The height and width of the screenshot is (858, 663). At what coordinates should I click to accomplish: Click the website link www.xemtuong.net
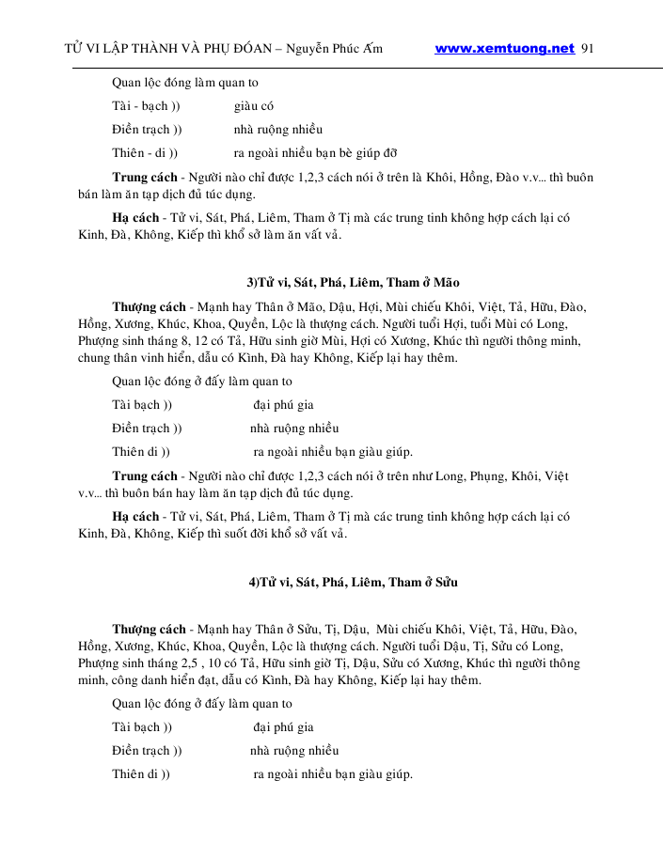504,49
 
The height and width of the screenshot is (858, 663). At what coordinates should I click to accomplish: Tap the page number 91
590,49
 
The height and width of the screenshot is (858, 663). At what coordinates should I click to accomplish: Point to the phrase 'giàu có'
254,106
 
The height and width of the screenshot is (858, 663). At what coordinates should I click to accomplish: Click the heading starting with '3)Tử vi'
353,282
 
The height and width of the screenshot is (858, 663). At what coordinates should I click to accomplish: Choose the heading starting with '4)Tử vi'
353,583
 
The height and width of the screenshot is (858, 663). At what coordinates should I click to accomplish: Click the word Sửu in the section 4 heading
445,583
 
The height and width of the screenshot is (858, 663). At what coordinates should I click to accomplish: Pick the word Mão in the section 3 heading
446,282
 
